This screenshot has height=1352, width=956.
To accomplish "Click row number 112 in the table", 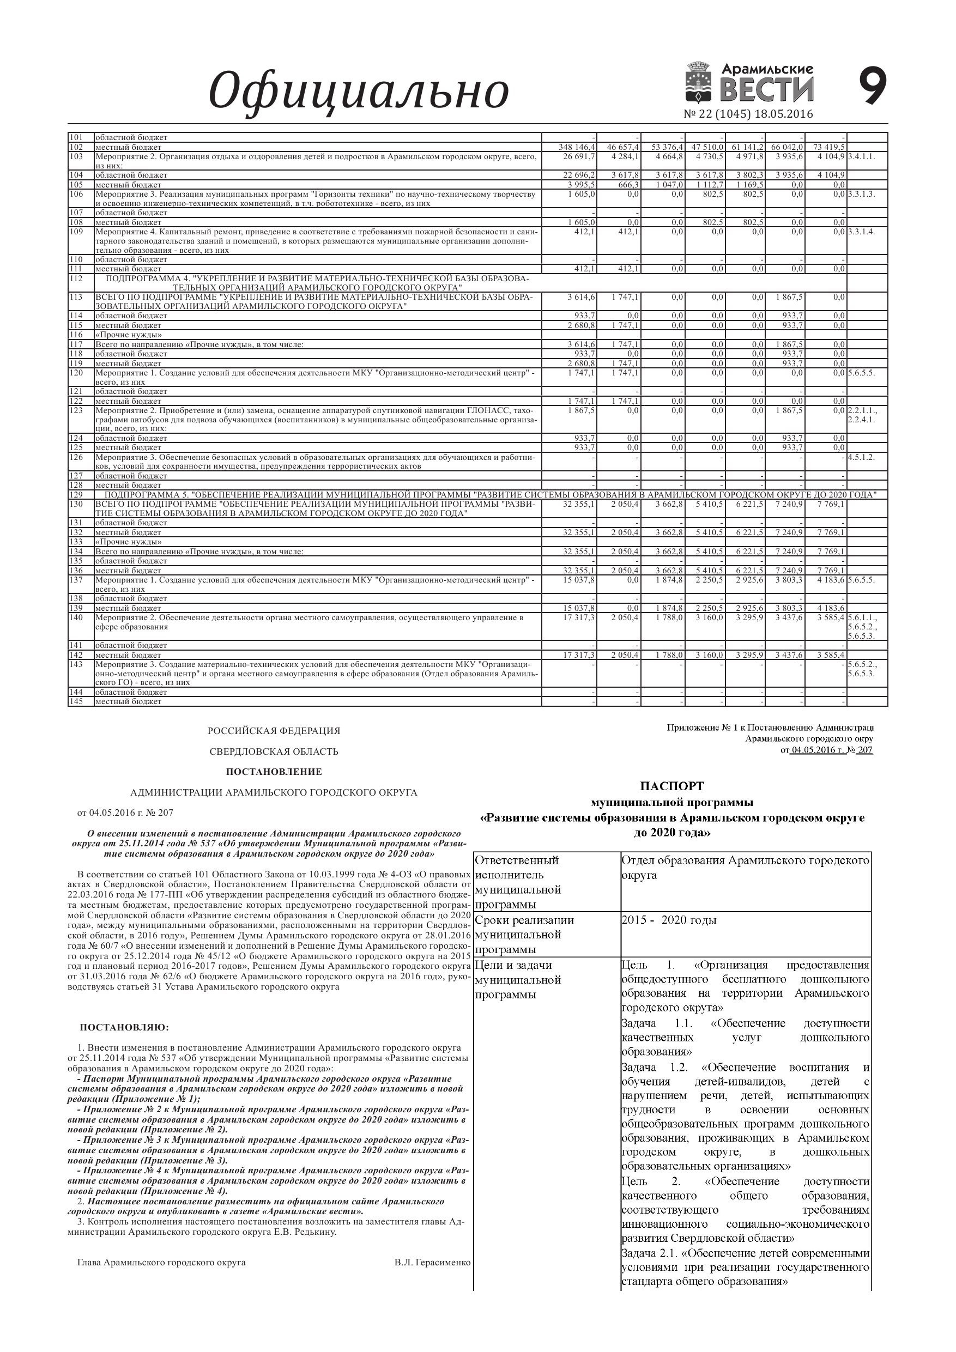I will [x=76, y=278].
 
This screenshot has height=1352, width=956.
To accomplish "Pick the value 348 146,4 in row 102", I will [x=578, y=147].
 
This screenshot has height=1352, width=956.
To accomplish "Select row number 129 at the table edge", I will [x=76, y=495].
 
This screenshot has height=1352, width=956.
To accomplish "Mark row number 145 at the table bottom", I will [x=76, y=701].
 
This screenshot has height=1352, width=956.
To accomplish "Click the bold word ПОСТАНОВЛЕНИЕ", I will [x=274, y=772].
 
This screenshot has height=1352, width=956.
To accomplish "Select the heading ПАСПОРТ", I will [x=672, y=786].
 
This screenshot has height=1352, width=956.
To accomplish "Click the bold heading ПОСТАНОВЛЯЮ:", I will [x=124, y=1028].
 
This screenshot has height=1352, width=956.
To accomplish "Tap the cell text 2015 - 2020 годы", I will [x=669, y=920].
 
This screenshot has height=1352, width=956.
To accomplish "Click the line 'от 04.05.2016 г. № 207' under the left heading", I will [x=125, y=813].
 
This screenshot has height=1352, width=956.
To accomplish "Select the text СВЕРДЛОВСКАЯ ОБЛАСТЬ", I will [x=274, y=751].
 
